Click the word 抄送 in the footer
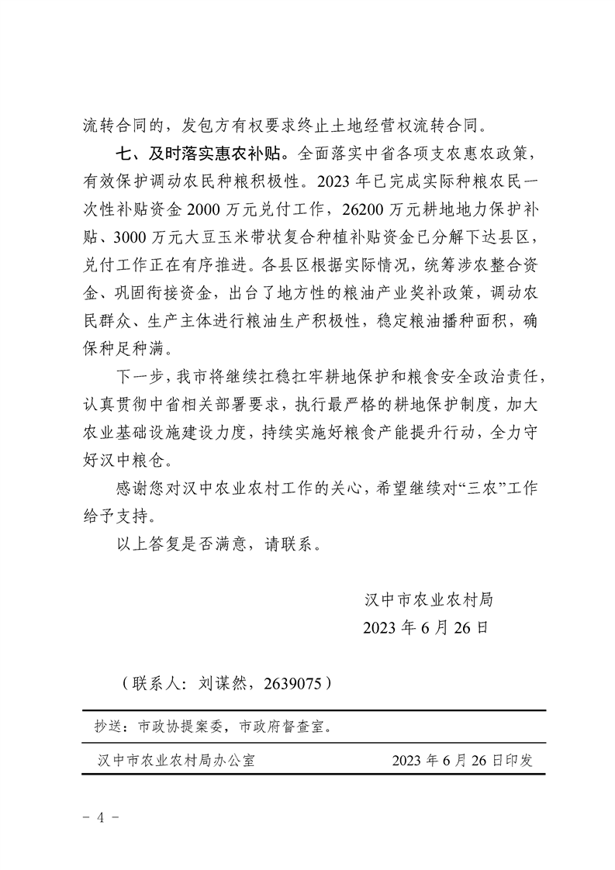(x=109, y=728)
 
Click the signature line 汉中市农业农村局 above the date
(x=428, y=599)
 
